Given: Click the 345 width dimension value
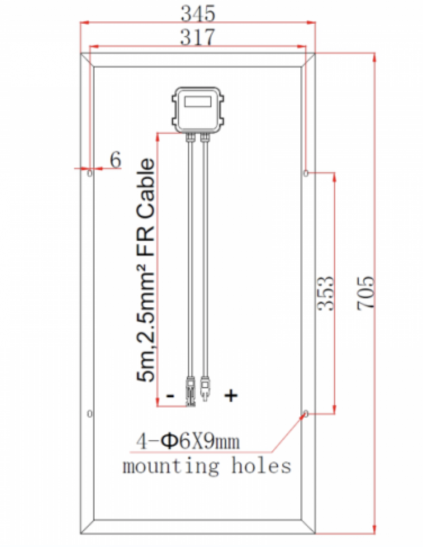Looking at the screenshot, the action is (198, 14).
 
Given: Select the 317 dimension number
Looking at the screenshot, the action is (197, 37).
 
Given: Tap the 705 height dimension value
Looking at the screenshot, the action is (366, 293).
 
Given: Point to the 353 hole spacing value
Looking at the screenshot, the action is (326, 293).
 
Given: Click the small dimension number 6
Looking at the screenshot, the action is (115, 160).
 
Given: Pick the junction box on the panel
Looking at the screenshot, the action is (198, 110).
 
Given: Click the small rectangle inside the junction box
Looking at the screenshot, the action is (198, 102).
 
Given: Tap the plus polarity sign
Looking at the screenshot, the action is (231, 395).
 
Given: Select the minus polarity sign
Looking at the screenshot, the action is (170, 396).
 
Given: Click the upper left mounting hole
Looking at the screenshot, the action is (89, 173).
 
